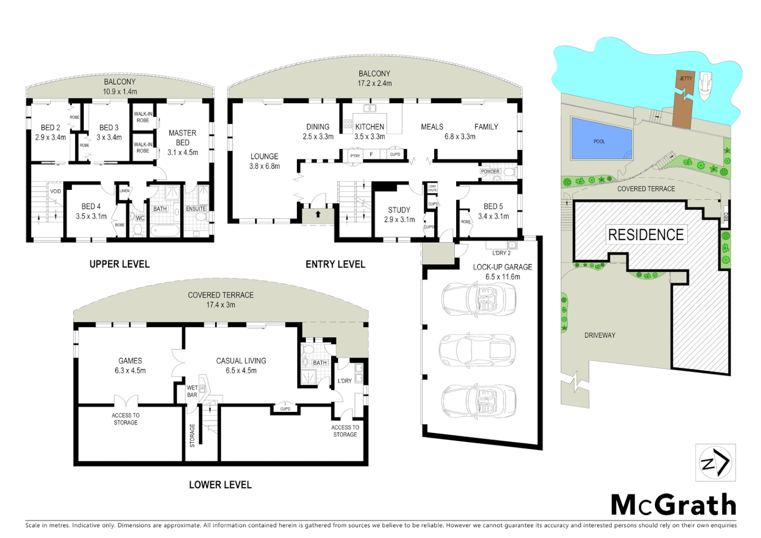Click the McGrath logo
pyautogui.click(x=673, y=505)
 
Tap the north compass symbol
pyautogui.click(x=715, y=463)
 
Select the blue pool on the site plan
pyautogui.click(x=601, y=138)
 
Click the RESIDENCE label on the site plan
pyautogui.click(x=646, y=235)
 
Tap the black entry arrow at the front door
pyautogui.click(x=318, y=214)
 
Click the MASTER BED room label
pyautogui.click(x=182, y=137)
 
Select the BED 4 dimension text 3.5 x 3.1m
pyautogui.click(x=91, y=216)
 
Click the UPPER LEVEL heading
pyautogui.click(x=120, y=264)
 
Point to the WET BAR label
pyautogui.click(x=192, y=391)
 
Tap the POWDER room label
pyautogui.click(x=490, y=171)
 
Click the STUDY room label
pyautogui.click(x=399, y=210)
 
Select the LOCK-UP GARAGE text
pyautogui.click(x=503, y=267)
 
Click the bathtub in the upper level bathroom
pyautogui.click(x=165, y=231)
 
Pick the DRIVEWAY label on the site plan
pyautogui.click(x=600, y=335)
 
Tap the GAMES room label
pyautogui.click(x=130, y=361)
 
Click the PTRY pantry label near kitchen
pyautogui.click(x=355, y=156)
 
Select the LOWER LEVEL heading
pyautogui.click(x=220, y=485)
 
